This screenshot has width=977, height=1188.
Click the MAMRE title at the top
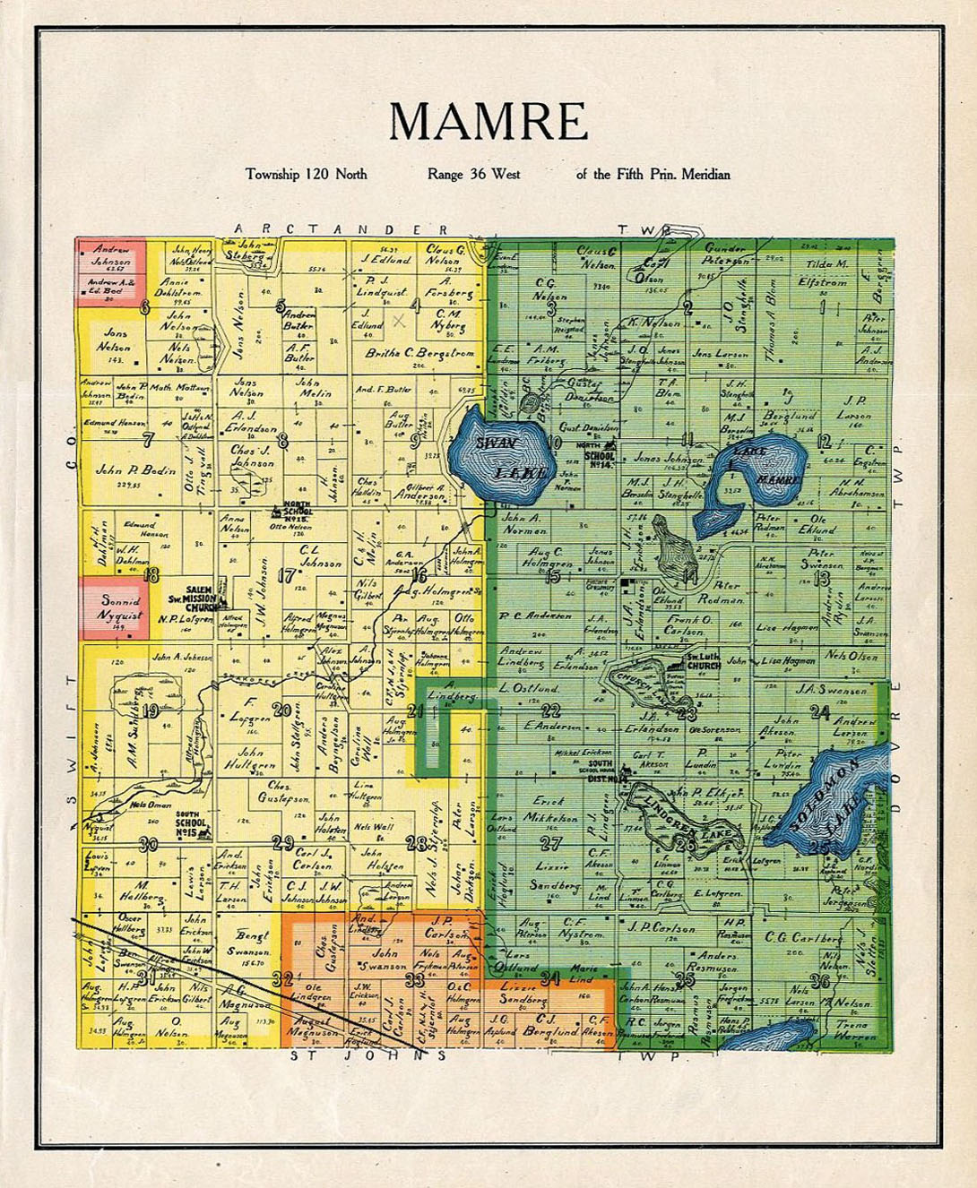(x=488, y=122)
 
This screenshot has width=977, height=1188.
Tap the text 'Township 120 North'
(x=307, y=174)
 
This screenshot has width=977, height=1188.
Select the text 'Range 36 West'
(x=473, y=174)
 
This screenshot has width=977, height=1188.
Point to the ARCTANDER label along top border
(x=341, y=229)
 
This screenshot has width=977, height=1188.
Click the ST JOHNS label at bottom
(x=367, y=1055)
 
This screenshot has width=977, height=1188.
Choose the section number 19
(x=150, y=712)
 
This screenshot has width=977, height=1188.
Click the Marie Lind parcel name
(x=583, y=973)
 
